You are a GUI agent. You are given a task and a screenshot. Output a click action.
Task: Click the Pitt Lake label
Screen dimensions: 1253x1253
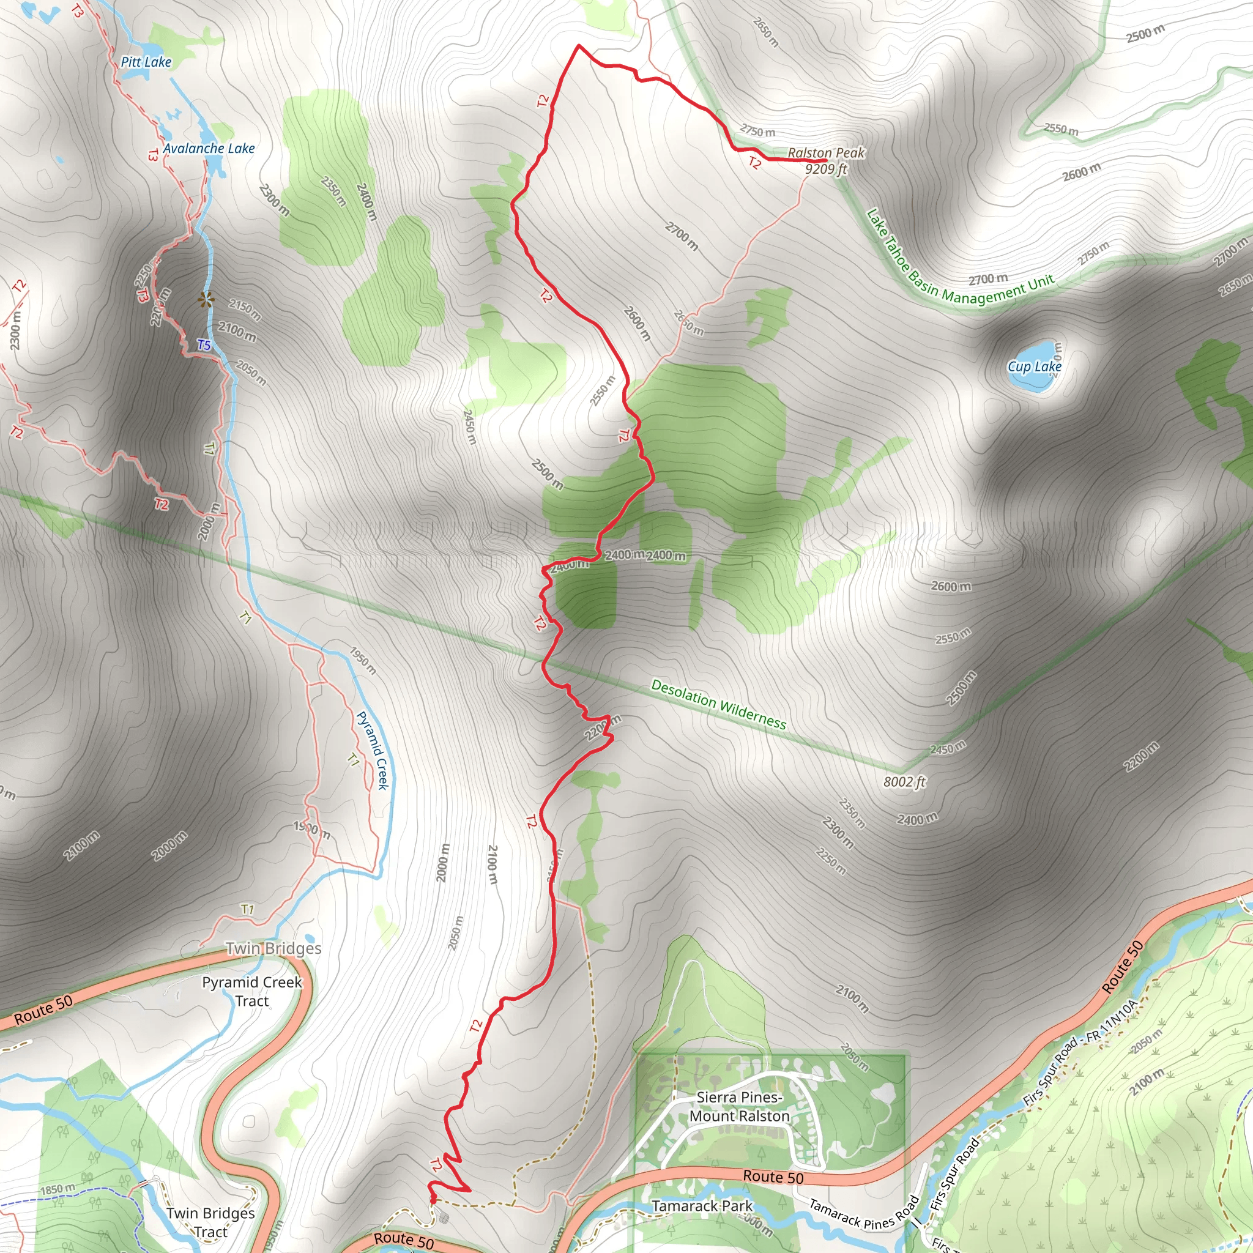click(146, 62)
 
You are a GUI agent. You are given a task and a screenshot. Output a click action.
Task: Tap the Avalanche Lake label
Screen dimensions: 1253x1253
click(209, 149)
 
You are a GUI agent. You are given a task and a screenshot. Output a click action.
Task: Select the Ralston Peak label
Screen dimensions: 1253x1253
click(825, 153)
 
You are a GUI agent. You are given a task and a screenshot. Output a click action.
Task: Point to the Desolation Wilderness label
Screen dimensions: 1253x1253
click(718, 704)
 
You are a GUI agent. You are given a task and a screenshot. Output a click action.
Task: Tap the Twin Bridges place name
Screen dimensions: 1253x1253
click(273, 948)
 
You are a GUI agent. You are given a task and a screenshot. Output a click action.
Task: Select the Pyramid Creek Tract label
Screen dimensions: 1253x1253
click(251, 991)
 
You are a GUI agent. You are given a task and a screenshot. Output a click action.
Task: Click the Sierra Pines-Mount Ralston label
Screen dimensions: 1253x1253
click(738, 1106)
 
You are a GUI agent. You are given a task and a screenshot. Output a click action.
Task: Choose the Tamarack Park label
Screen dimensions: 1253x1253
click(702, 1206)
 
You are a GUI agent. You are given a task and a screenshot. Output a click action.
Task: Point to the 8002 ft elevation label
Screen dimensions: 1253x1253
click(904, 782)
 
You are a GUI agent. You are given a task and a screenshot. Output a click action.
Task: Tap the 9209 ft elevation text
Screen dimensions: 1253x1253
click(825, 169)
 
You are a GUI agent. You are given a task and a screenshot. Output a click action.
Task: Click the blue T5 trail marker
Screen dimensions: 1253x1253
click(204, 345)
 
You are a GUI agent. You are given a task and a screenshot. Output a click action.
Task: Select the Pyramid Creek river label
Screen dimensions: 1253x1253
click(373, 750)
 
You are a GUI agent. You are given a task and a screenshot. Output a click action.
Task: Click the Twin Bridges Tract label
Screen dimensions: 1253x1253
click(210, 1222)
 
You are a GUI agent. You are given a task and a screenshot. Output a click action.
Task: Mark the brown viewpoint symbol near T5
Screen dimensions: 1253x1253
click(206, 300)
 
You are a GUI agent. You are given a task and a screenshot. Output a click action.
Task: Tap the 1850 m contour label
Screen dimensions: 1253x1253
click(58, 1189)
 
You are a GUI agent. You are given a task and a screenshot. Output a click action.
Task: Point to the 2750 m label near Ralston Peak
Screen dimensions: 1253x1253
click(757, 131)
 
